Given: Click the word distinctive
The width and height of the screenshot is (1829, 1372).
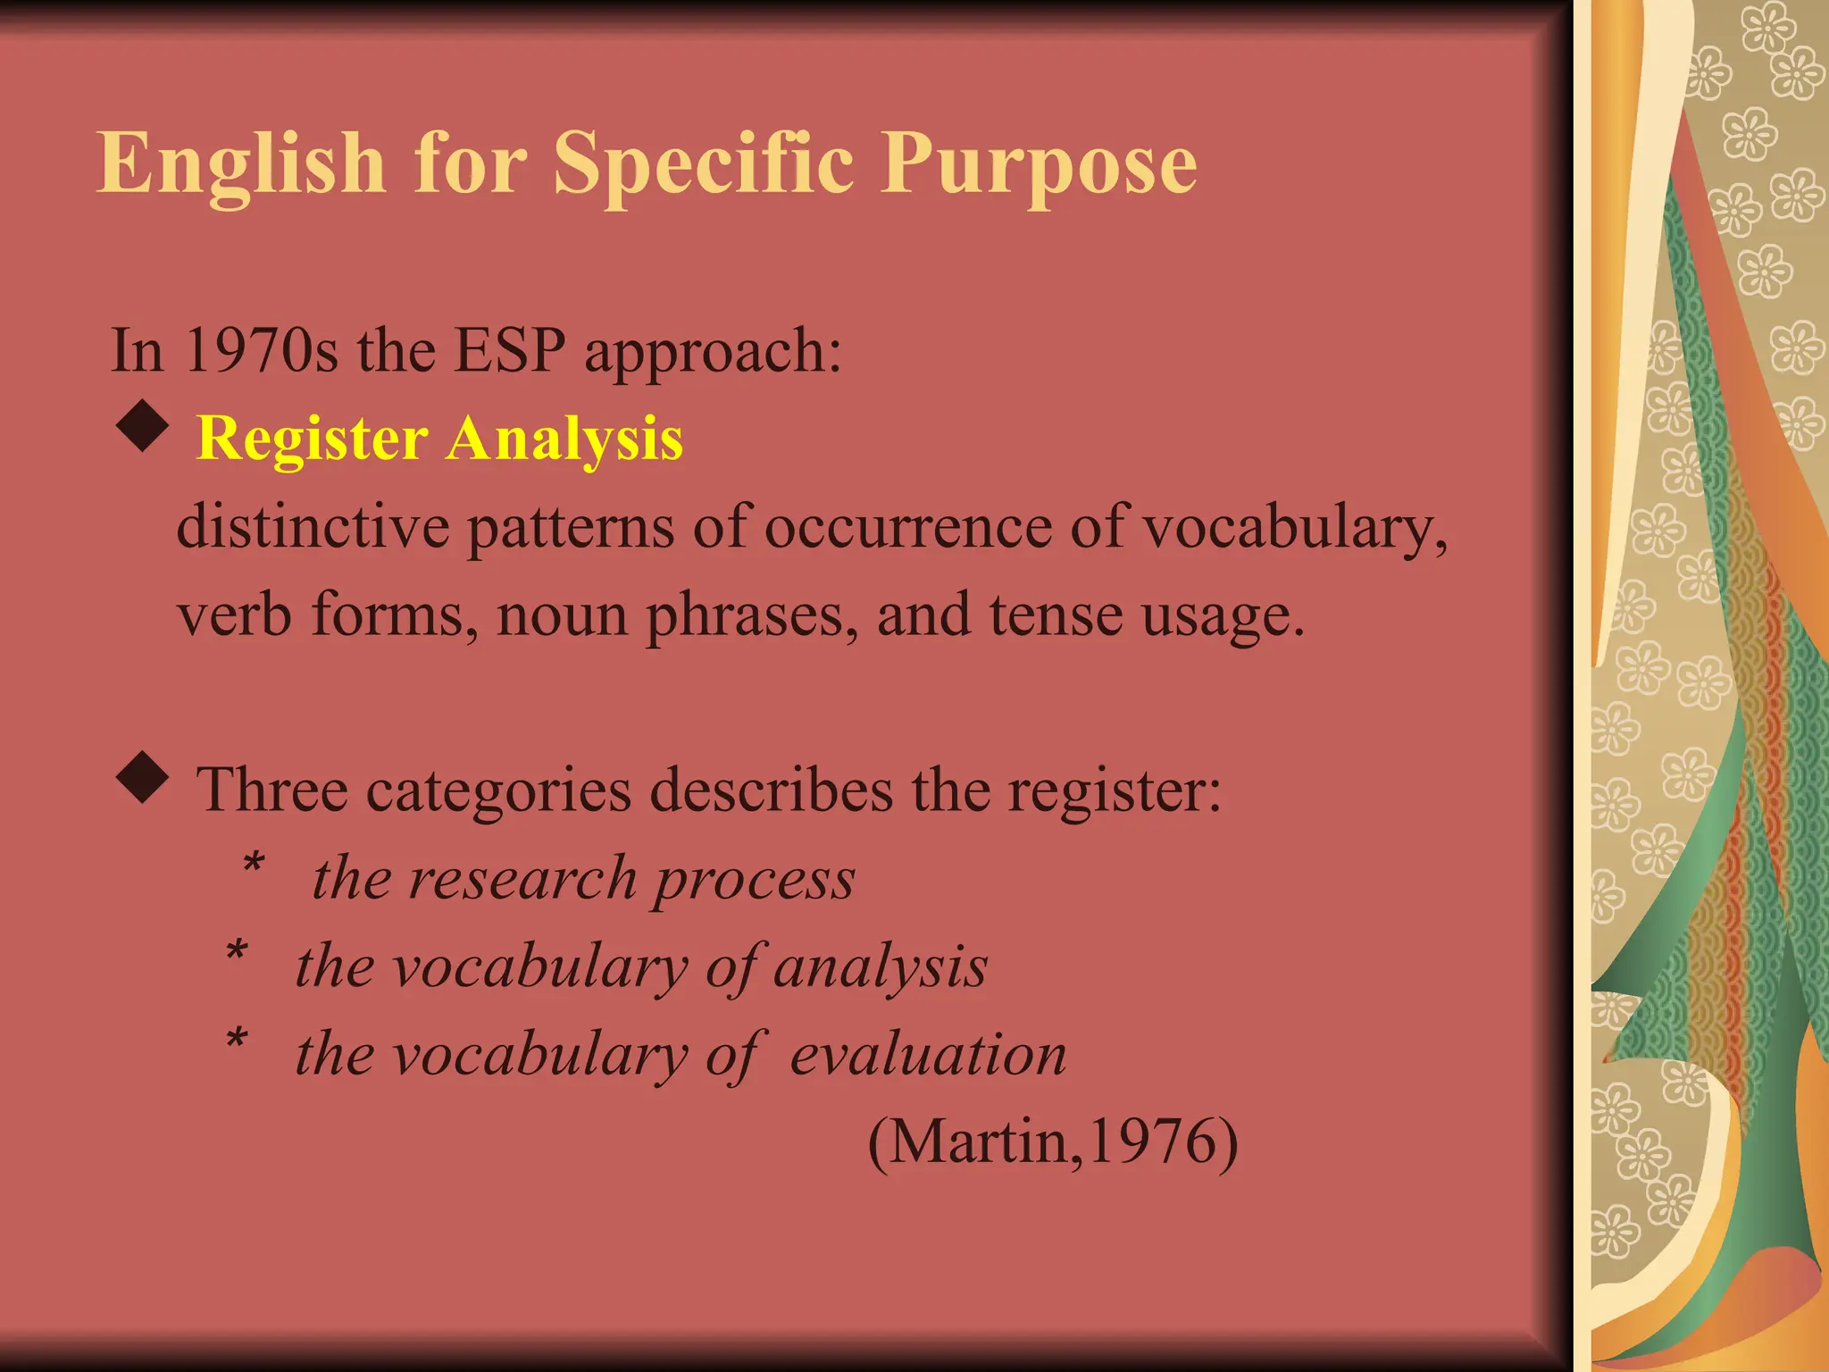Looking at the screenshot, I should tap(313, 526).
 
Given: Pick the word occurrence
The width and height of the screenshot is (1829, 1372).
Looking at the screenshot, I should tap(907, 526).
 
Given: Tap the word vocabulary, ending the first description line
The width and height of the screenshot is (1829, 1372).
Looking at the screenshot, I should tap(1295, 526).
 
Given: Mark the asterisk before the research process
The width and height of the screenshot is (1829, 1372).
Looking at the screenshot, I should tap(254, 865).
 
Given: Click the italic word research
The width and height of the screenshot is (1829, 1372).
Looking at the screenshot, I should tap(522, 879).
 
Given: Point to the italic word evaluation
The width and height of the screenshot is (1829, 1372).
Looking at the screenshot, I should tap(929, 1054).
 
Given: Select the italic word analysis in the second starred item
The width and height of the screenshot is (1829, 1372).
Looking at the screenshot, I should tap(881, 967).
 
